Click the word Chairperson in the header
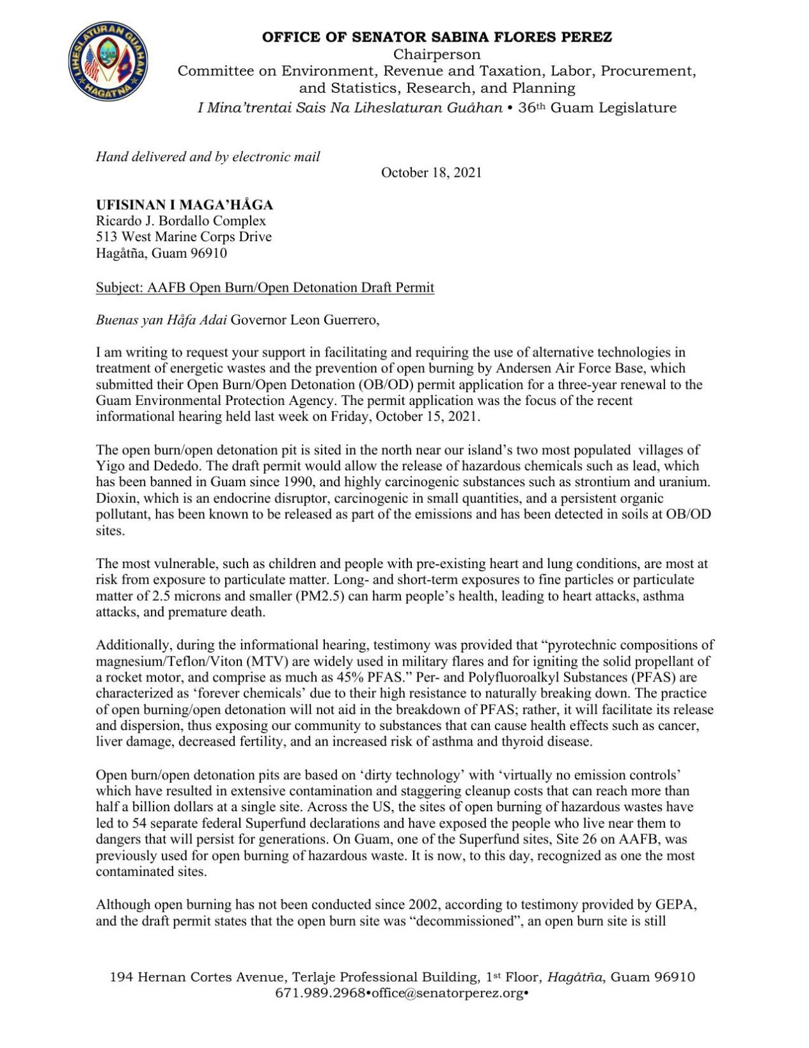[437, 54]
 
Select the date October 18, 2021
[431, 173]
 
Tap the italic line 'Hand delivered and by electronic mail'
[208, 157]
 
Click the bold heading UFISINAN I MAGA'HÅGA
[184, 205]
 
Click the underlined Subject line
[265, 287]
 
